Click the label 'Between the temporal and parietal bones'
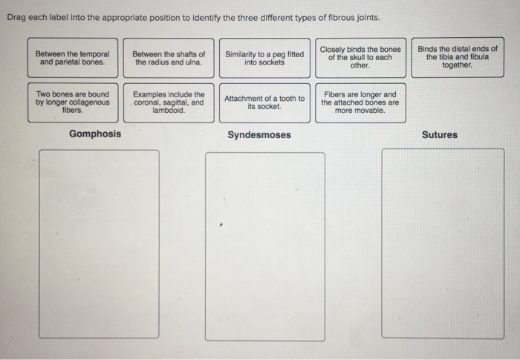tap(73, 59)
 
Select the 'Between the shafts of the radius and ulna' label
tap(169, 59)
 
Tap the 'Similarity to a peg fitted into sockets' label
tap(264, 59)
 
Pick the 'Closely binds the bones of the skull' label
tap(360, 57)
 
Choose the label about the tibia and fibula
tap(457, 57)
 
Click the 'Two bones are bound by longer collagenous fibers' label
tap(73, 102)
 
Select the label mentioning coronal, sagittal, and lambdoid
tap(169, 102)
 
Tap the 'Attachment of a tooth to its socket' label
tap(264, 102)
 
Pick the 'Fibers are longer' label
tap(360, 102)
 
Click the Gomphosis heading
tap(95, 134)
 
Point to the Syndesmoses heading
tap(259, 135)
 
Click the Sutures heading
tap(440, 135)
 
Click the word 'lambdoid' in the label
tap(168, 111)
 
